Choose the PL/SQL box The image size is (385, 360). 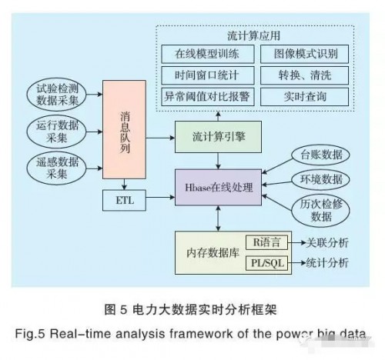266,263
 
